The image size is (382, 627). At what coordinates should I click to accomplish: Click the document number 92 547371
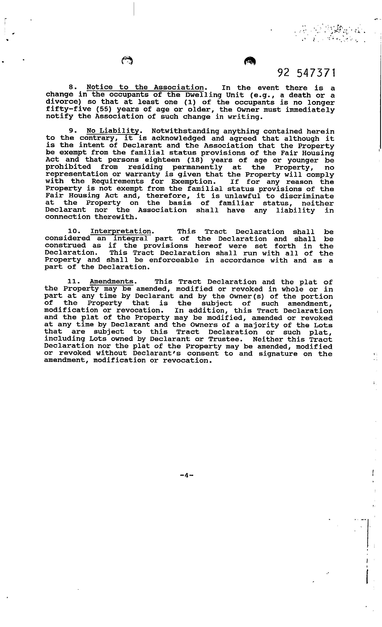coord(306,73)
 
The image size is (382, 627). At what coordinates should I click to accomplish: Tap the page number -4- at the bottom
coord(186,475)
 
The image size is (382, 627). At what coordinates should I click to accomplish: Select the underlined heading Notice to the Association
coord(145,87)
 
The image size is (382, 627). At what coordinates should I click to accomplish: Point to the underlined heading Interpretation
coord(121,232)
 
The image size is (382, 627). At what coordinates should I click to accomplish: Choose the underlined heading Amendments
coord(112,282)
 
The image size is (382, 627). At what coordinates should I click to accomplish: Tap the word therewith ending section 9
coord(116,217)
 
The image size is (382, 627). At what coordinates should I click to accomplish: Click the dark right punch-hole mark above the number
coord(250,61)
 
